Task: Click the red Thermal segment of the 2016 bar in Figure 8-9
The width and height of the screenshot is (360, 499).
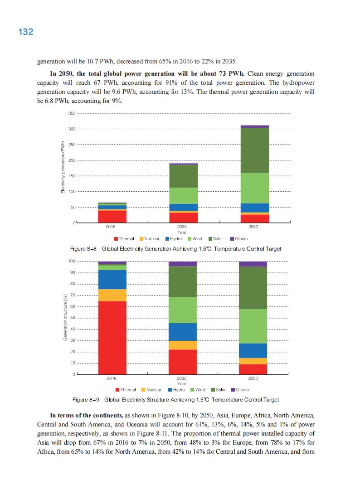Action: (x=112, y=337)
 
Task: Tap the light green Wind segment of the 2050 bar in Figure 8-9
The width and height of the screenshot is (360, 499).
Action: (x=253, y=326)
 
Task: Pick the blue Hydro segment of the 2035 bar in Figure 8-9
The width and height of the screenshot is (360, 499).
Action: (x=182, y=332)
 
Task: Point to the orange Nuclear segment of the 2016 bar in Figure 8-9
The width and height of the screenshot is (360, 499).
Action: (x=112, y=295)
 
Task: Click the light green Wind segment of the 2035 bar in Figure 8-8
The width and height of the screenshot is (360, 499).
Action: (x=184, y=195)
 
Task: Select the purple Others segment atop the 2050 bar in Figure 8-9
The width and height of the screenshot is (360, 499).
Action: (x=253, y=264)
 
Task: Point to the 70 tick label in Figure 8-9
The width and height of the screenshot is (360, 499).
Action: (x=72, y=296)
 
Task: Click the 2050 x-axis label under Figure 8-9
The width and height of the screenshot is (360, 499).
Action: (x=253, y=378)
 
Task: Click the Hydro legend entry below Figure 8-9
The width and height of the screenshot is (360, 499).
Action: (x=176, y=390)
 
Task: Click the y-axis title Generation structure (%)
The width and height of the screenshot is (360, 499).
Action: (x=65, y=318)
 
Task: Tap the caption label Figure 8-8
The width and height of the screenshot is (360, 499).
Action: (x=83, y=249)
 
